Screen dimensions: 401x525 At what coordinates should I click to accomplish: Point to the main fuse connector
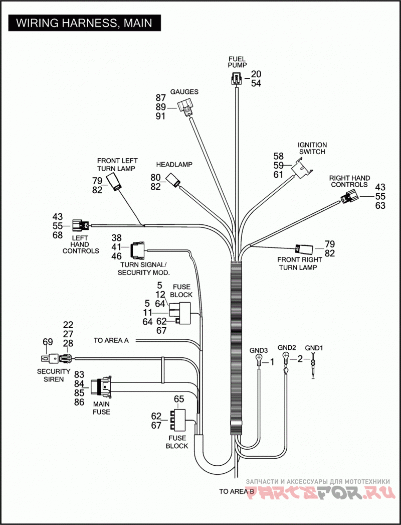[102, 386]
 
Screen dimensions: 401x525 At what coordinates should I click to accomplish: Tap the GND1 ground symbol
[313, 366]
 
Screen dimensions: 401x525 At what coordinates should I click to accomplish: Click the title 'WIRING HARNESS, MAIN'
[84, 23]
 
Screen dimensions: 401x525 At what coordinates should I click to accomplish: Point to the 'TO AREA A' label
[111, 340]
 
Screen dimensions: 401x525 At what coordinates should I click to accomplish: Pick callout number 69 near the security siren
[48, 342]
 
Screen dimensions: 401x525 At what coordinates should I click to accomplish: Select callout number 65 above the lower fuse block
[179, 399]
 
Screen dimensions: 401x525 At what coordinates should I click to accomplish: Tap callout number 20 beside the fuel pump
[256, 74]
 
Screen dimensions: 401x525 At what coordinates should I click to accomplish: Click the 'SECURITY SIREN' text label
[54, 376]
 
